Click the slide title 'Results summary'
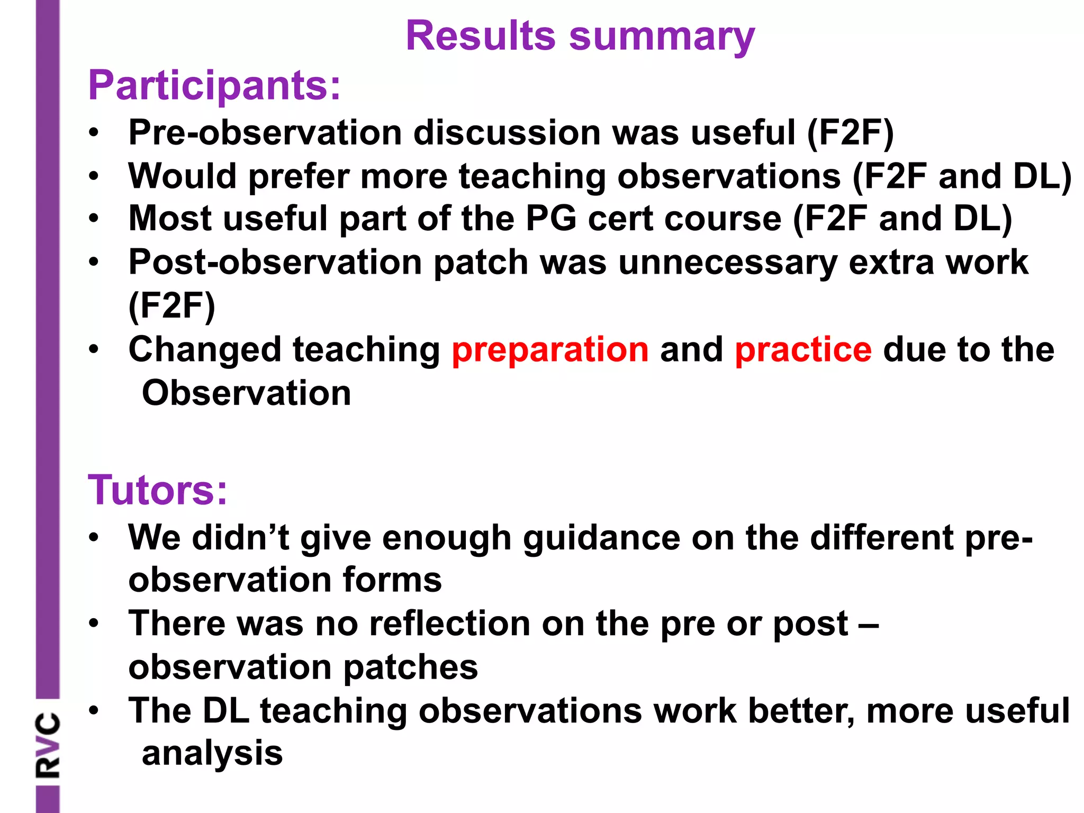pos(580,36)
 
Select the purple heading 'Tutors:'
pos(157,490)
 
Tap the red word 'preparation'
pos(550,350)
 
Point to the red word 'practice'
pos(803,350)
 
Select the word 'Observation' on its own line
pos(246,393)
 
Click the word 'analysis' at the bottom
pos(212,753)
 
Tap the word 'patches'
pos(410,667)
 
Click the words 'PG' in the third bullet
pos(550,219)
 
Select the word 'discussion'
pos(507,132)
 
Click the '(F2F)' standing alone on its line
pos(172,306)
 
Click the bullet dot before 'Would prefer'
pos(94,176)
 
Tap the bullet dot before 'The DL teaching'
pos(94,710)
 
